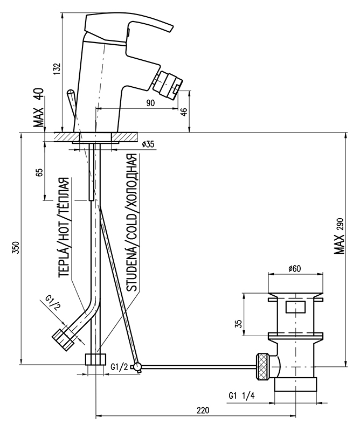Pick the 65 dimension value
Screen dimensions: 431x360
click(39, 173)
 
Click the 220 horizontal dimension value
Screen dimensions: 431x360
click(202, 411)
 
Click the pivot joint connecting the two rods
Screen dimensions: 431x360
click(139, 367)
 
